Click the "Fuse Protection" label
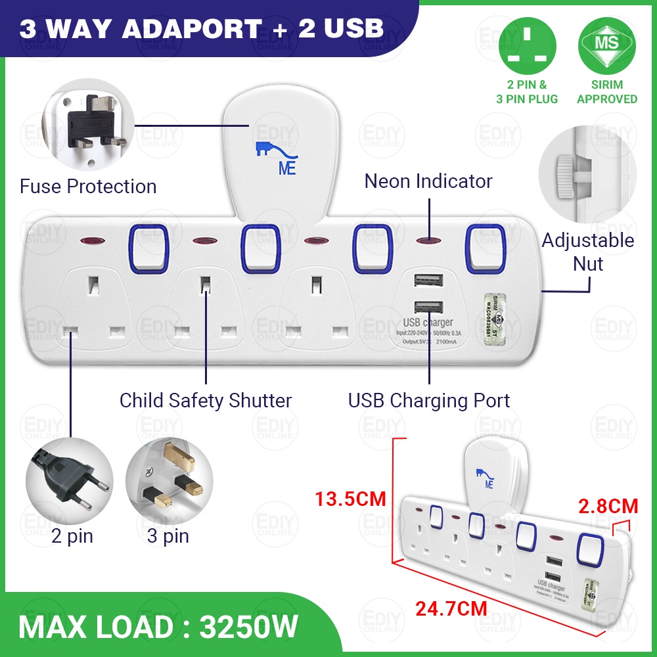point(88,187)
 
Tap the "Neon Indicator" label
point(428,181)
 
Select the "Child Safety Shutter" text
point(206,400)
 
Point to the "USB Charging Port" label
point(429,400)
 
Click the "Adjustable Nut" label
point(588,252)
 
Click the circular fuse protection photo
point(88,125)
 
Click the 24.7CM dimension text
point(451,608)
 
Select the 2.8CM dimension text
point(608,507)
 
